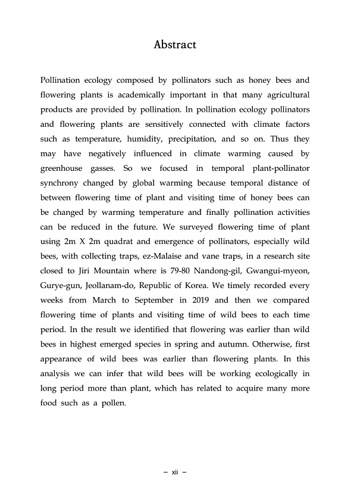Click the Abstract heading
175,45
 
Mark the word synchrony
62,183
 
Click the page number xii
175,472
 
